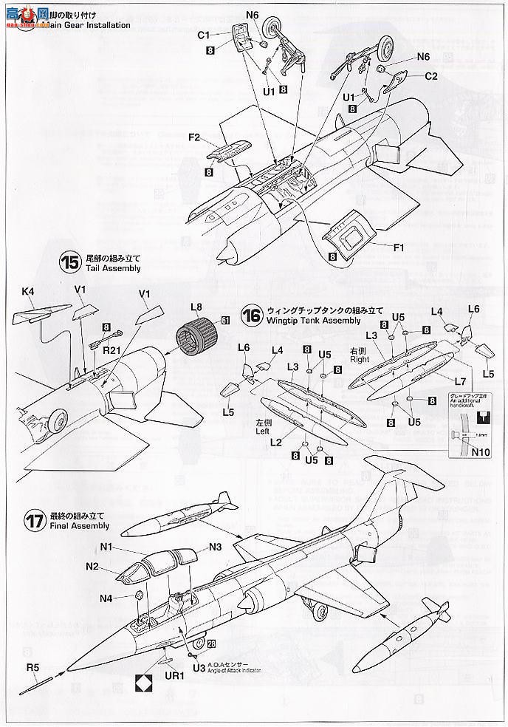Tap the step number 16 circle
coord(253,315)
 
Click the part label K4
coord(28,292)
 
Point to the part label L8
coord(196,307)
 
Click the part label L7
coord(459,382)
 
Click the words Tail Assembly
coord(111,269)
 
